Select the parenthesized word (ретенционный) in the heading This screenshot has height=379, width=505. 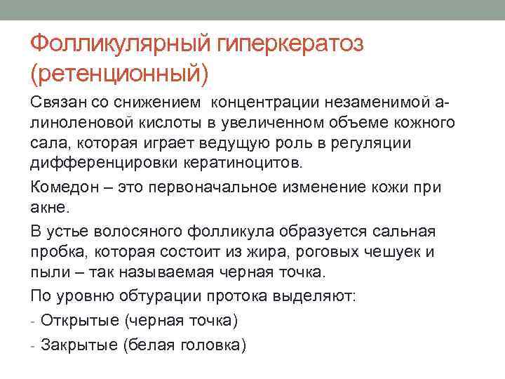(x=120, y=72)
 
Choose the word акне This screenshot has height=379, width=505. (x=48, y=207)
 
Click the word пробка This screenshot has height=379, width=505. (x=55, y=252)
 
